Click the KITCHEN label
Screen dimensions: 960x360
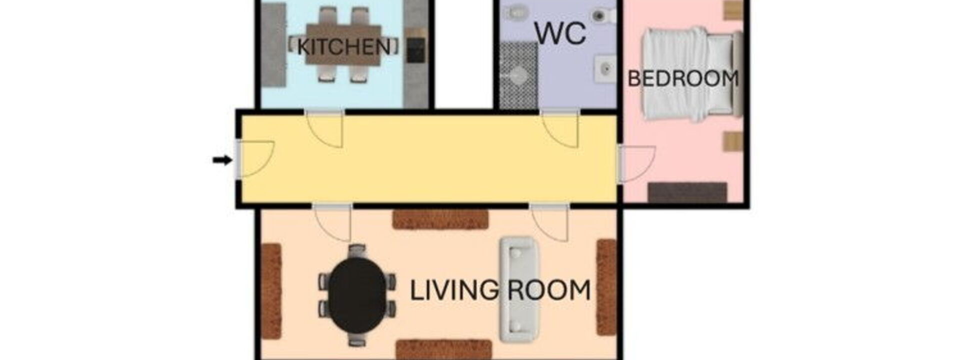pyautogui.click(x=344, y=47)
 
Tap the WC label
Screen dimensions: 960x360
pyautogui.click(x=560, y=33)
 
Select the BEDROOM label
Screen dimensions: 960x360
pyautogui.click(x=683, y=79)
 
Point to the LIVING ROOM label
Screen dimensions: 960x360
pyautogui.click(x=500, y=290)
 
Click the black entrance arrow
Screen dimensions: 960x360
pyautogui.click(x=222, y=160)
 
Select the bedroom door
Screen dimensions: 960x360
pyautogui.click(x=636, y=163)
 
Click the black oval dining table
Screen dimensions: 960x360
pyautogui.click(x=357, y=295)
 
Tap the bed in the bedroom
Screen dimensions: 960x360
pyautogui.click(x=692, y=74)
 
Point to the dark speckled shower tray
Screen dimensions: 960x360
pyautogui.click(x=518, y=75)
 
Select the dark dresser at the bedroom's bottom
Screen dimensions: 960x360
pyautogui.click(x=687, y=192)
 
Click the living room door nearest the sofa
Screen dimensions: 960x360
pyautogui.click(x=550, y=222)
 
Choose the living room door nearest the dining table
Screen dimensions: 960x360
pyautogui.click(x=332, y=222)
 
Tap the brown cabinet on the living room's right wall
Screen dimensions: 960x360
pyautogui.click(x=606, y=287)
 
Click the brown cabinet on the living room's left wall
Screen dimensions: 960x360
pyautogui.click(x=271, y=291)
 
